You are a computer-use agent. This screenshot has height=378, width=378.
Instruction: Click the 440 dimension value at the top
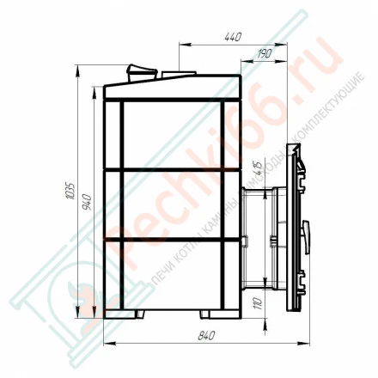(232, 37)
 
